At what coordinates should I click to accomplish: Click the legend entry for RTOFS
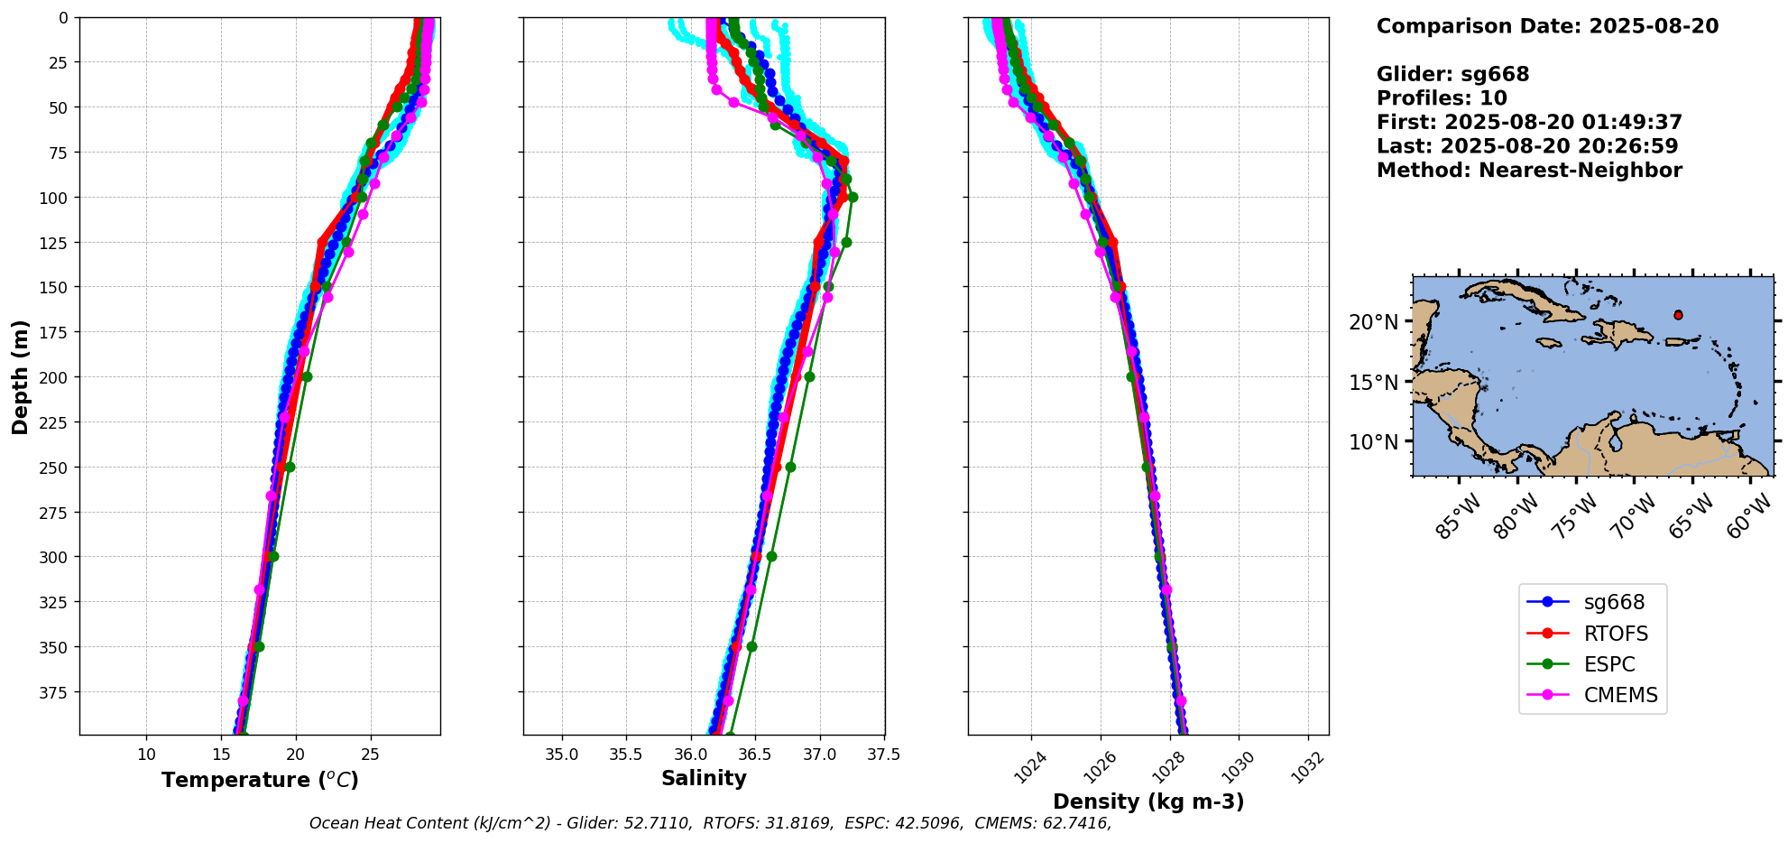pos(1615,634)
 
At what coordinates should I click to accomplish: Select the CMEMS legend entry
pos(1620,695)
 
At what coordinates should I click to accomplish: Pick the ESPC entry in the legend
pos(1608,664)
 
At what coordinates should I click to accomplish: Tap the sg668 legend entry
pos(1614,602)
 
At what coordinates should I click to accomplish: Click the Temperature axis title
pos(260,780)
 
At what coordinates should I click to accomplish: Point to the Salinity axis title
pos(704,779)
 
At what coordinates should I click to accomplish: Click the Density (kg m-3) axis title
pos(1148,801)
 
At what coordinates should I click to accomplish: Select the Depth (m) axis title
pos(20,376)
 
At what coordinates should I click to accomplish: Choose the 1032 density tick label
pos(1306,766)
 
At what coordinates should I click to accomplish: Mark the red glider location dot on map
pos(1678,315)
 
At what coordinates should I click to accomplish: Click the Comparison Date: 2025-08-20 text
pos(1547,26)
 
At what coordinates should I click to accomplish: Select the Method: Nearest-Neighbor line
pos(1529,171)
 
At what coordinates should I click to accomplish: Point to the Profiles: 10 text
pos(1442,98)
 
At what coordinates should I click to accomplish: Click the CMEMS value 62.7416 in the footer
pos(1076,823)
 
